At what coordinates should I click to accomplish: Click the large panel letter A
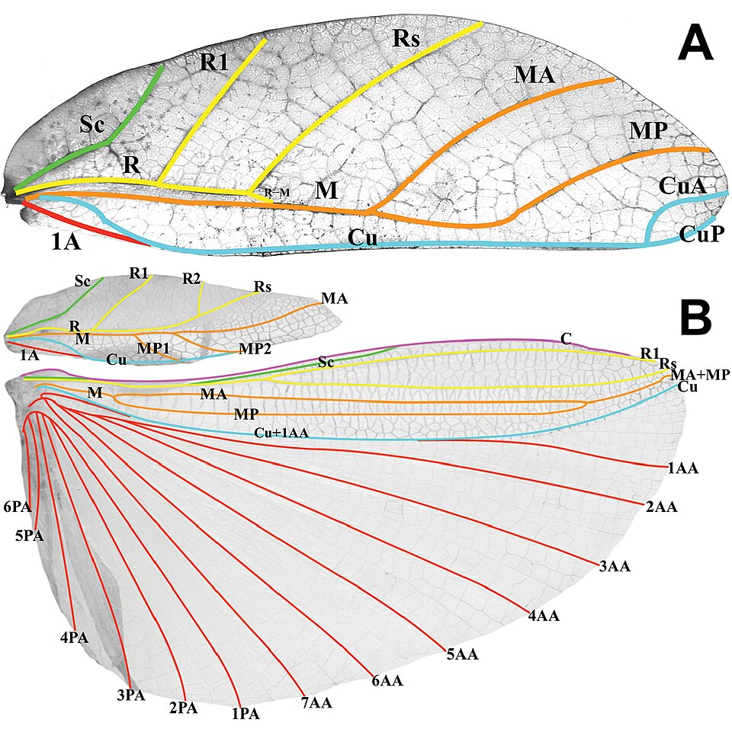[695, 44]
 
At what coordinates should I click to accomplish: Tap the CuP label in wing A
[701, 233]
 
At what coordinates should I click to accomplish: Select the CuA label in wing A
[682, 186]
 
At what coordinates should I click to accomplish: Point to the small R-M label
[278, 192]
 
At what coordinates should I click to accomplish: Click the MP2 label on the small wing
[255, 348]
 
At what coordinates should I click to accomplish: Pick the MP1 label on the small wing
[152, 348]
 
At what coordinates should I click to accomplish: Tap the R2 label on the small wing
[191, 279]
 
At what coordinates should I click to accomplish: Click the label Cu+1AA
[281, 433]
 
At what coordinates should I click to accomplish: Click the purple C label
[566, 339]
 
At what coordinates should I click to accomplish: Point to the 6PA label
[18, 507]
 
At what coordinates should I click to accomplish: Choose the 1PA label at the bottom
[246, 714]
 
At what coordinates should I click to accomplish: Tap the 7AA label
[316, 702]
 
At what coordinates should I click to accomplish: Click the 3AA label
[615, 566]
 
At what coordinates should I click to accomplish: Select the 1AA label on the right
[683, 468]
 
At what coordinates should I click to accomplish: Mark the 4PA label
[74, 638]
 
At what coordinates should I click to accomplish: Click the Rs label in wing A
[406, 38]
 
